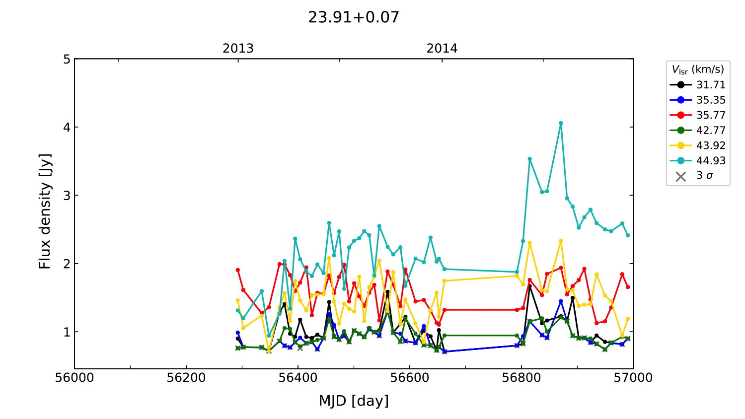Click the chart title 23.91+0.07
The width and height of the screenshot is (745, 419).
[354, 17]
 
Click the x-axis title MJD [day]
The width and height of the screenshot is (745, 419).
[354, 401]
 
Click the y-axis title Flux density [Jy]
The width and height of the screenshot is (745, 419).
[45, 211]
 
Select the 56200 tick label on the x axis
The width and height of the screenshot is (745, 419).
[186, 378]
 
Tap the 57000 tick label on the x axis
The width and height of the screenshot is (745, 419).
[633, 378]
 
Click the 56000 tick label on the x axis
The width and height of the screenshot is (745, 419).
[74, 378]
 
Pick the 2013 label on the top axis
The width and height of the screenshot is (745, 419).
[238, 49]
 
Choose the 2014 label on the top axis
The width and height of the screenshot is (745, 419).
[442, 49]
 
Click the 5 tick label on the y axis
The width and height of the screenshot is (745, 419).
[67, 60]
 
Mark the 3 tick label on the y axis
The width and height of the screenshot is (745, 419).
[67, 196]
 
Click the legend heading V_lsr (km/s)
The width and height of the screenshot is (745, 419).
[698, 70]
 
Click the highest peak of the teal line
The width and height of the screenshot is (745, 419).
[561, 123]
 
